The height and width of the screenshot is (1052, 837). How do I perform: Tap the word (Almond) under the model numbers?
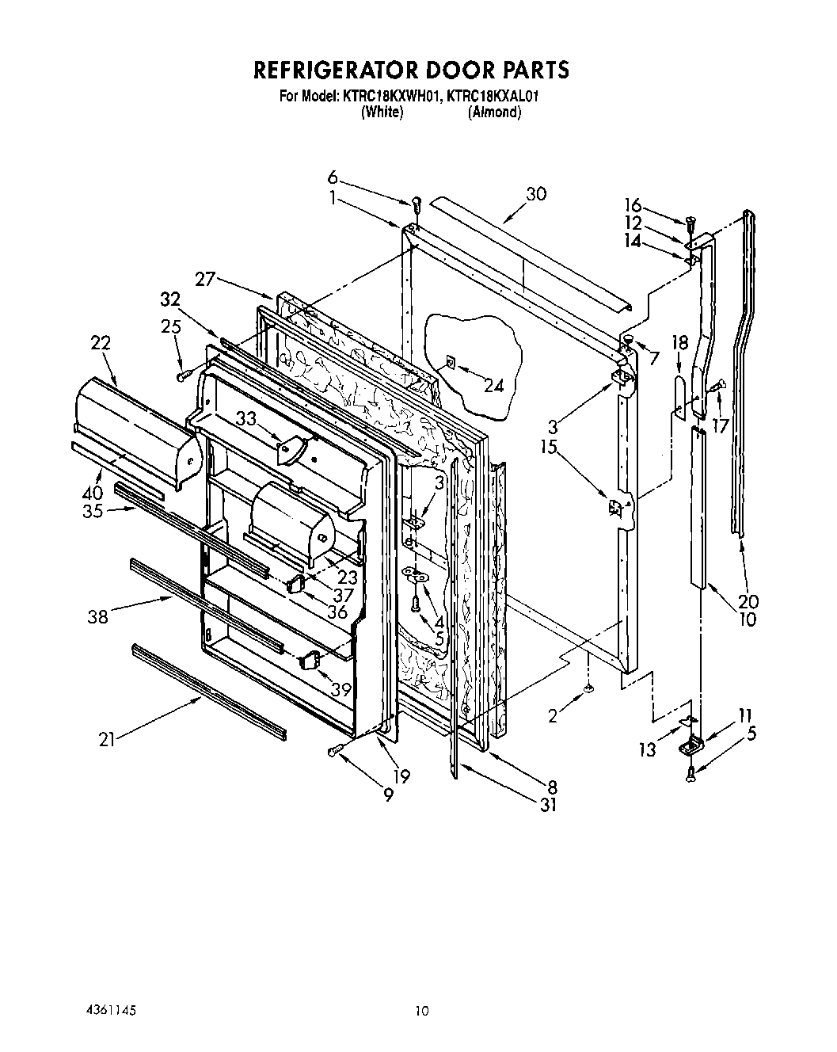point(494,112)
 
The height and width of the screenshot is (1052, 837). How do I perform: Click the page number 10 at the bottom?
point(421,1010)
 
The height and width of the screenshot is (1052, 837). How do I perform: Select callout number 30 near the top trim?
point(536,194)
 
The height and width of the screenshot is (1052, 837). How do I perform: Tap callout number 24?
point(493,386)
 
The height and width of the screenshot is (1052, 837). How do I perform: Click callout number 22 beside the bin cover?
point(100,344)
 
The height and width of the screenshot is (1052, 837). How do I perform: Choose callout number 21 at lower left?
point(108,740)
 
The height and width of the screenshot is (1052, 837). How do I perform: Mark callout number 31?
point(547,805)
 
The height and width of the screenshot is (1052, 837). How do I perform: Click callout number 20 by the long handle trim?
point(748,601)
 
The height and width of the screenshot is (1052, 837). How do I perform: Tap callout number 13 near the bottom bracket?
point(648,749)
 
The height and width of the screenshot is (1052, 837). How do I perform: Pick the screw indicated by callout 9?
point(334,749)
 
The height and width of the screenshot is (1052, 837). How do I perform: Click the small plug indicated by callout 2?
point(588,691)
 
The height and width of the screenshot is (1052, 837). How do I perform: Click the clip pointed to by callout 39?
point(310,658)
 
